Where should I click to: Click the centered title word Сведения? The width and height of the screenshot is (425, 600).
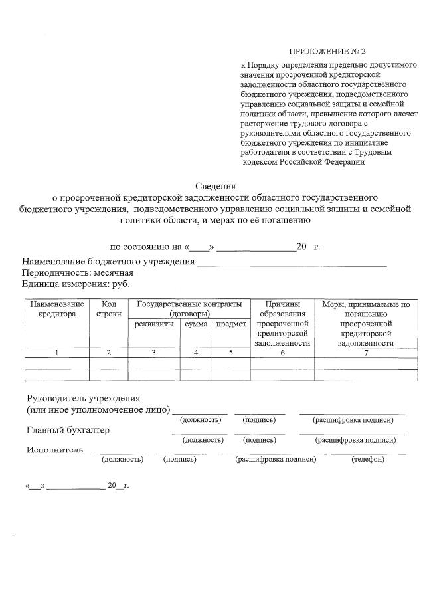tap(215, 186)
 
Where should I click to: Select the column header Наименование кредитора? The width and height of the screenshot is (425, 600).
tap(57, 309)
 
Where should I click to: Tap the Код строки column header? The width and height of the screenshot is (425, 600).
tap(108, 309)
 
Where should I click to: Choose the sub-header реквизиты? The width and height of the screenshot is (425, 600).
tap(154, 324)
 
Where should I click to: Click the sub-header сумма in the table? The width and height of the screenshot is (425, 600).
tap(196, 324)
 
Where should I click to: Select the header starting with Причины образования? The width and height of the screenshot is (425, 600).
tap(282, 324)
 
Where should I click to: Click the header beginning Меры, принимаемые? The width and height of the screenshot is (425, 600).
tap(366, 324)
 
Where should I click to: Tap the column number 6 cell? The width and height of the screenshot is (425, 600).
tap(282, 353)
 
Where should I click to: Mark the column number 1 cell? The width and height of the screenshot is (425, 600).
tap(57, 353)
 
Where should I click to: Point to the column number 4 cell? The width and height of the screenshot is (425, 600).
tap(196, 353)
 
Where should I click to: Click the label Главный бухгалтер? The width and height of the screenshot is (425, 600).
tap(68, 431)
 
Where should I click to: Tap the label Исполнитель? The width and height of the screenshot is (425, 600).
tap(54, 450)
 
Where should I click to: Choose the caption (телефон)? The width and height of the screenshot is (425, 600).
tap(368, 459)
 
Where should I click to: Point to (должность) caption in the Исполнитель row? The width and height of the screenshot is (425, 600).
tap(122, 459)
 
